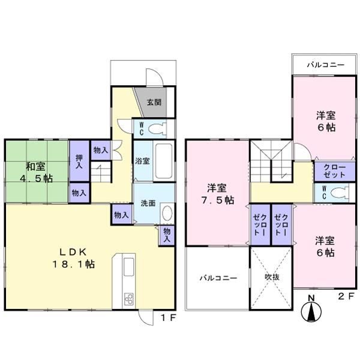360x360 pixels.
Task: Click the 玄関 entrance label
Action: click(x=154, y=102)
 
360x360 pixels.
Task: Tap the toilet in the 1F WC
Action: click(x=157, y=128)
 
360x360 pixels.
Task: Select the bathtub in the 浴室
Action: click(x=163, y=160)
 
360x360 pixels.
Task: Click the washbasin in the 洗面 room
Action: click(x=167, y=214)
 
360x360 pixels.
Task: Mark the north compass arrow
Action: click(x=311, y=311)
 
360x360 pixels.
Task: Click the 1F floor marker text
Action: click(x=167, y=318)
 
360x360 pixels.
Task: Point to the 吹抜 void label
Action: click(x=272, y=278)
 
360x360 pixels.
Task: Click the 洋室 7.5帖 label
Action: click(x=217, y=193)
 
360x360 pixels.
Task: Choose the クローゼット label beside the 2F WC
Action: click(x=330, y=170)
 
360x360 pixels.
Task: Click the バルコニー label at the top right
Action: click(x=325, y=64)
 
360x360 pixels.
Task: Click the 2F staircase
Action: click(x=268, y=159)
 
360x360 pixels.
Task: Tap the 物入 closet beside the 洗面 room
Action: click(x=121, y=214)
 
